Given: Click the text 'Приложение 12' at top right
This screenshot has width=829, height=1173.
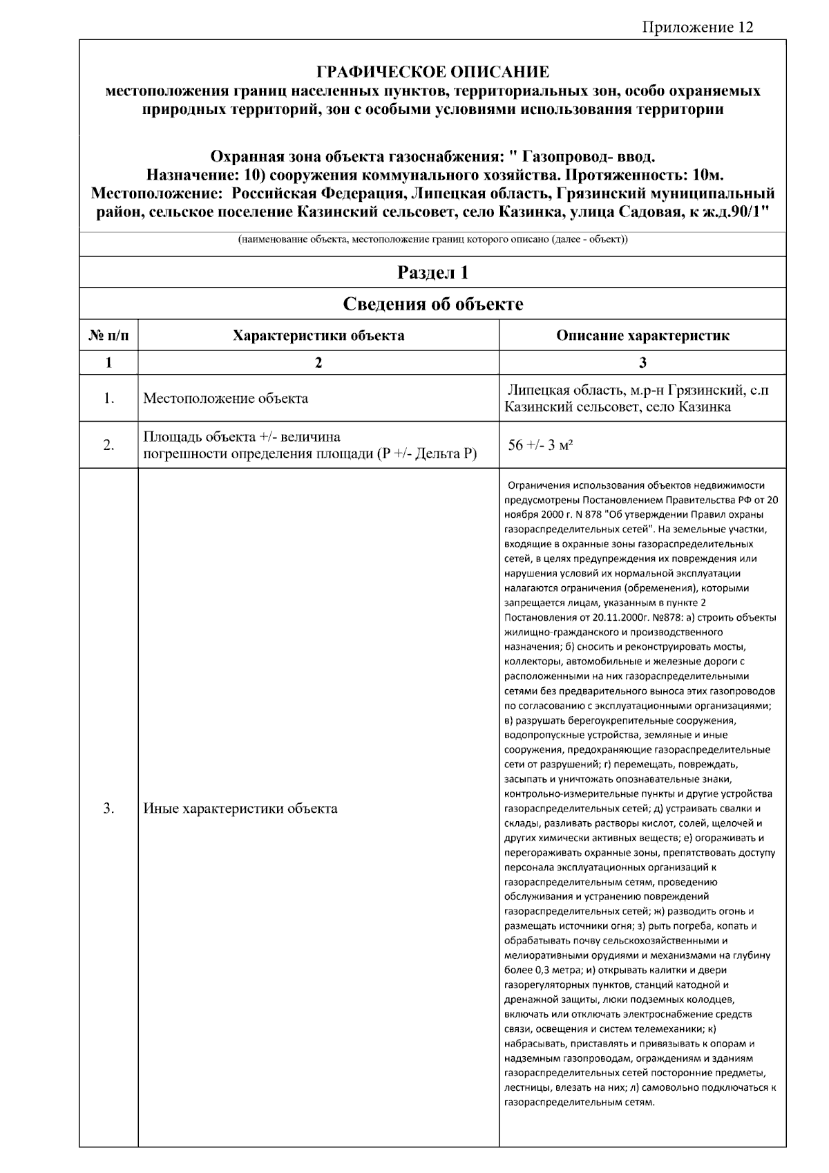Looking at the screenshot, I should tap(697, 27).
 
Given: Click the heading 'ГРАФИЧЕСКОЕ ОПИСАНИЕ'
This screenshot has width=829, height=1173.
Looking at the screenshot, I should tap(432, 72).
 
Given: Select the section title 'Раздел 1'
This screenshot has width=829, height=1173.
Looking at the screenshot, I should tap(432, 272).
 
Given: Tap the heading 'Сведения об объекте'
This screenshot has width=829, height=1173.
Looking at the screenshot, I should tap(432, 304).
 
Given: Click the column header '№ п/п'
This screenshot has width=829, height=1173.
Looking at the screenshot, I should tap(108, 336).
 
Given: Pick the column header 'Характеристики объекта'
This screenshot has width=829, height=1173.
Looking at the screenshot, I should tap(318, 336).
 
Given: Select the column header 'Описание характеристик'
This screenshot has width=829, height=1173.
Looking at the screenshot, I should tap(642, 336).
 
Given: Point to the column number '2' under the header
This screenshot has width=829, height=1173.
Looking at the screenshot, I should tap(318, 362).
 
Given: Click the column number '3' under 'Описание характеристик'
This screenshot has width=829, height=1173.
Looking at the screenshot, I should tap(642, 362).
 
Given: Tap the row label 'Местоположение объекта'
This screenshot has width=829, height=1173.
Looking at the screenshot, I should tap(225, 399).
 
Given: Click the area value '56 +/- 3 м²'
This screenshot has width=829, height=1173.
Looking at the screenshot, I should tap(540, 445).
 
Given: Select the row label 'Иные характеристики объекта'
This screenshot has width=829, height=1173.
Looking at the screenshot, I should tap(240, 808).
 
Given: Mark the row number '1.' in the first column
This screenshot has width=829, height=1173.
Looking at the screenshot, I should tap(108, 399).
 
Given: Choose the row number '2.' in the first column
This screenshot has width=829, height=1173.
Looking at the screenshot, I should tap(108, 445).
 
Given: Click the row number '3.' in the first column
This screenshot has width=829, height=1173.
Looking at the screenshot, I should tap(108, 808).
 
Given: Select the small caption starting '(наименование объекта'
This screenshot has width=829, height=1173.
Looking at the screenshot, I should tap(432, 240).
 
